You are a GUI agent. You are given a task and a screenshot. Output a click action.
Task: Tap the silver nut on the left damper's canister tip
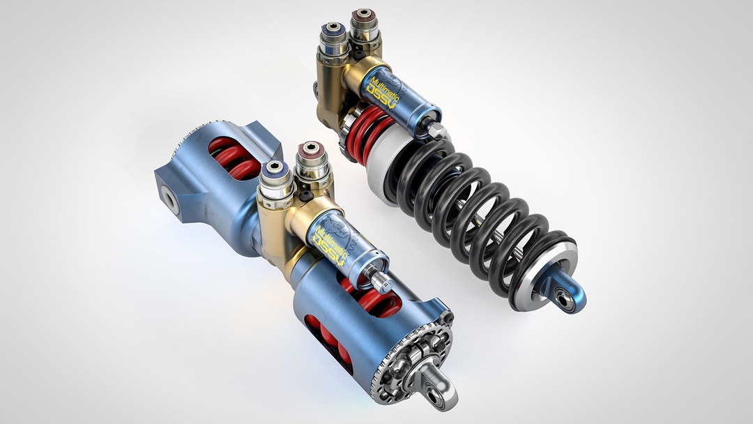click(381, 280)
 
